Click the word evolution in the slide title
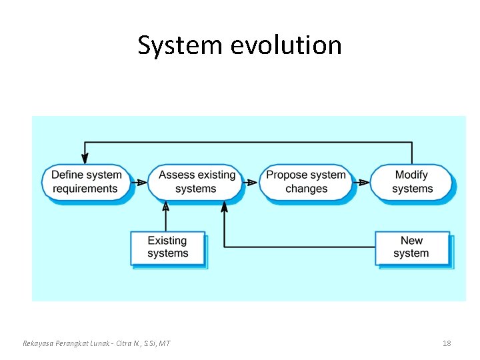286,45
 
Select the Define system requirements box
87,182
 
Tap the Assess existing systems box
196,182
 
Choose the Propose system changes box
306,182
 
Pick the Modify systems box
411,182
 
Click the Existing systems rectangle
167,247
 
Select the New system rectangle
411,247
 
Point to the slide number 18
447,343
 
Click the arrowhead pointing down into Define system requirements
85,159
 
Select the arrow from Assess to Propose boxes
251,182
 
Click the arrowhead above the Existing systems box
166,207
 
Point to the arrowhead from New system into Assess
224,207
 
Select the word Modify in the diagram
411,175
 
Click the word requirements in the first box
85,189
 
